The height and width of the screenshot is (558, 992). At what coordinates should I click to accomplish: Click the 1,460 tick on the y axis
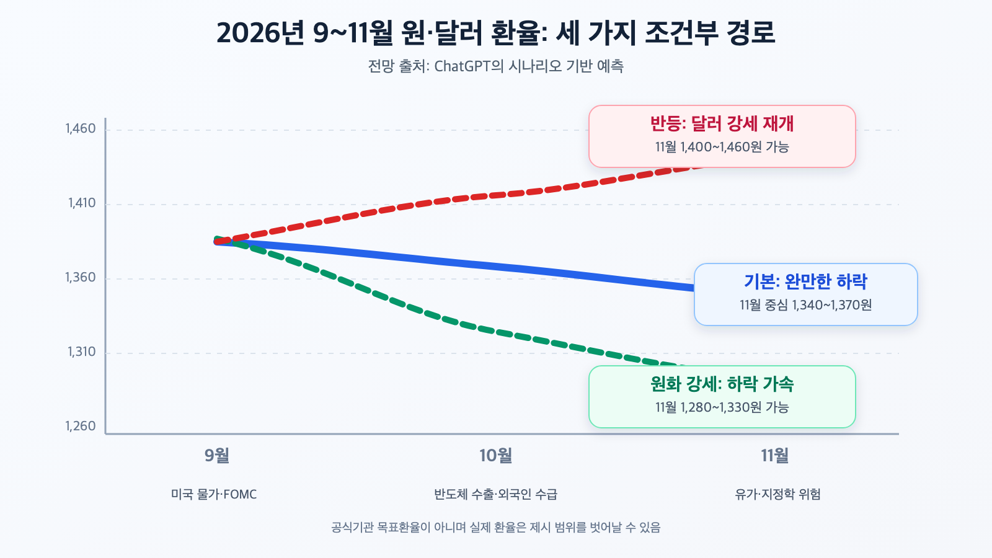81,129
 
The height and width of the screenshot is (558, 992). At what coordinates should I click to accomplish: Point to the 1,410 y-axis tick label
82,203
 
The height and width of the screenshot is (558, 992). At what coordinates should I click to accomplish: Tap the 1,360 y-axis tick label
81,278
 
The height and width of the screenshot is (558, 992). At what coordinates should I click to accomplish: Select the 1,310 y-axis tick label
82,352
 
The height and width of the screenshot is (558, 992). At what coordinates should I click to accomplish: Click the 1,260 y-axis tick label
81,427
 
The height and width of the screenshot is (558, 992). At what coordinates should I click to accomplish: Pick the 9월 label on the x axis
217,455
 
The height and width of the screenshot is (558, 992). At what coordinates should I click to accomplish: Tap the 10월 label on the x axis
496,455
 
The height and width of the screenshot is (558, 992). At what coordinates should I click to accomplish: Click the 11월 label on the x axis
775,455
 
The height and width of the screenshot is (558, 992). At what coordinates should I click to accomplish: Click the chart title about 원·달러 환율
496,33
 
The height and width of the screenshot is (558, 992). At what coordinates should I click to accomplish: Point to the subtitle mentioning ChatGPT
496,66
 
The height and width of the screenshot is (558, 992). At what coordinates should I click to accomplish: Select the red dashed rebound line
461,199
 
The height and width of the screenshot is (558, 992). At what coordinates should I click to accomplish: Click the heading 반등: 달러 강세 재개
722,123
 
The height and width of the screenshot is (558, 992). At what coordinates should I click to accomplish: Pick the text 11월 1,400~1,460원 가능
722,147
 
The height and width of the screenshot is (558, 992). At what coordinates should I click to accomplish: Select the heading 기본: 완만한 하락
805,281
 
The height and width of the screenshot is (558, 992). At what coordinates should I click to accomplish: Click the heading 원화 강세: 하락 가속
722,384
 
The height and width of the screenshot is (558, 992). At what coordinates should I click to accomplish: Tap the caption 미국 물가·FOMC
214,494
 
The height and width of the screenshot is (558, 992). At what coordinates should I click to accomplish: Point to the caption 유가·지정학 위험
777,494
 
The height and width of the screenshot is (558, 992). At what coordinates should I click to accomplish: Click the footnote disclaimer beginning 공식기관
496,528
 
